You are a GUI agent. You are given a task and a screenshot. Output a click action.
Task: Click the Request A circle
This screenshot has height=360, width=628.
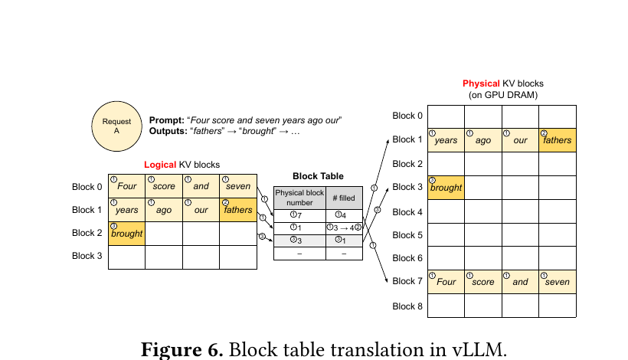point(116,126)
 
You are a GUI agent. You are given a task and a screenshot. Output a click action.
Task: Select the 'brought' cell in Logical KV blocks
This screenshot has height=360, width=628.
point(126,234)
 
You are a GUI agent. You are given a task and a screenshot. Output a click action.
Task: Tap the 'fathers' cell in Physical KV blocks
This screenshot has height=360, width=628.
point(558,140)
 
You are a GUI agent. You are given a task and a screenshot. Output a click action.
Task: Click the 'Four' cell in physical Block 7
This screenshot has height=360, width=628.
point(446,282)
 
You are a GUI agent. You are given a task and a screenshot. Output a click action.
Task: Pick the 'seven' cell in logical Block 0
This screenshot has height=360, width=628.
point(238,186)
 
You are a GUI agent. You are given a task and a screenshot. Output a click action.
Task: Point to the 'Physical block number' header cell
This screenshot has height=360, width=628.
point(299,198)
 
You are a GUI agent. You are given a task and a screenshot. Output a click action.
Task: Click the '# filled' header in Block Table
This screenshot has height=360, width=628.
point(344,198)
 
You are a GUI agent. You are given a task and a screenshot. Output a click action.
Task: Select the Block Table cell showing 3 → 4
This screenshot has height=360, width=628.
point(344,227)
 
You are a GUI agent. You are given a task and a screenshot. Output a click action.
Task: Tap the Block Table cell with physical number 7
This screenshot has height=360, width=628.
point(299,215)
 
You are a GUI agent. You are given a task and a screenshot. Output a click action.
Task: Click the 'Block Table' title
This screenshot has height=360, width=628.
point(318,176)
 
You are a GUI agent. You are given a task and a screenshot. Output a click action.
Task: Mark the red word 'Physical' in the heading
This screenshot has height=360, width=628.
point(481,83)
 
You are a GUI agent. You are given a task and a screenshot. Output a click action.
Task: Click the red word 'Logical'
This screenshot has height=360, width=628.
point(160,165)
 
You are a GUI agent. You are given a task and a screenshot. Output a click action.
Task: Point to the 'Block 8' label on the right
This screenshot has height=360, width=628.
point(407,306)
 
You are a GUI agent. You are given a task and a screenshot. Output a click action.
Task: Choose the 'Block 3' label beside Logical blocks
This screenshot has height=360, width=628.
point(87,256)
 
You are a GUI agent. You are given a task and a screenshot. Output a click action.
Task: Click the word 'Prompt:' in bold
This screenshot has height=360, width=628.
point(167,120)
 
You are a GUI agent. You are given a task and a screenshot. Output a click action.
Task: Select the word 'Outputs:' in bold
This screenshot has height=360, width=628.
point(168,131)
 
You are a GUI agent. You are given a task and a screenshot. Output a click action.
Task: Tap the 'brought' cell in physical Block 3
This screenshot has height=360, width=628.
point(446,188)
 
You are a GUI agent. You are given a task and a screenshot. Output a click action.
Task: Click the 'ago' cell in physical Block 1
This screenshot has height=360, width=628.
point(483,140)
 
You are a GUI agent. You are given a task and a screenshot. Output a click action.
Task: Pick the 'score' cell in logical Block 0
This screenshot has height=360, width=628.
point(164,186)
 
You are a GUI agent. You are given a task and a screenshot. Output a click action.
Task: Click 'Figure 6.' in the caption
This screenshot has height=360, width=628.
point(182,349)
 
